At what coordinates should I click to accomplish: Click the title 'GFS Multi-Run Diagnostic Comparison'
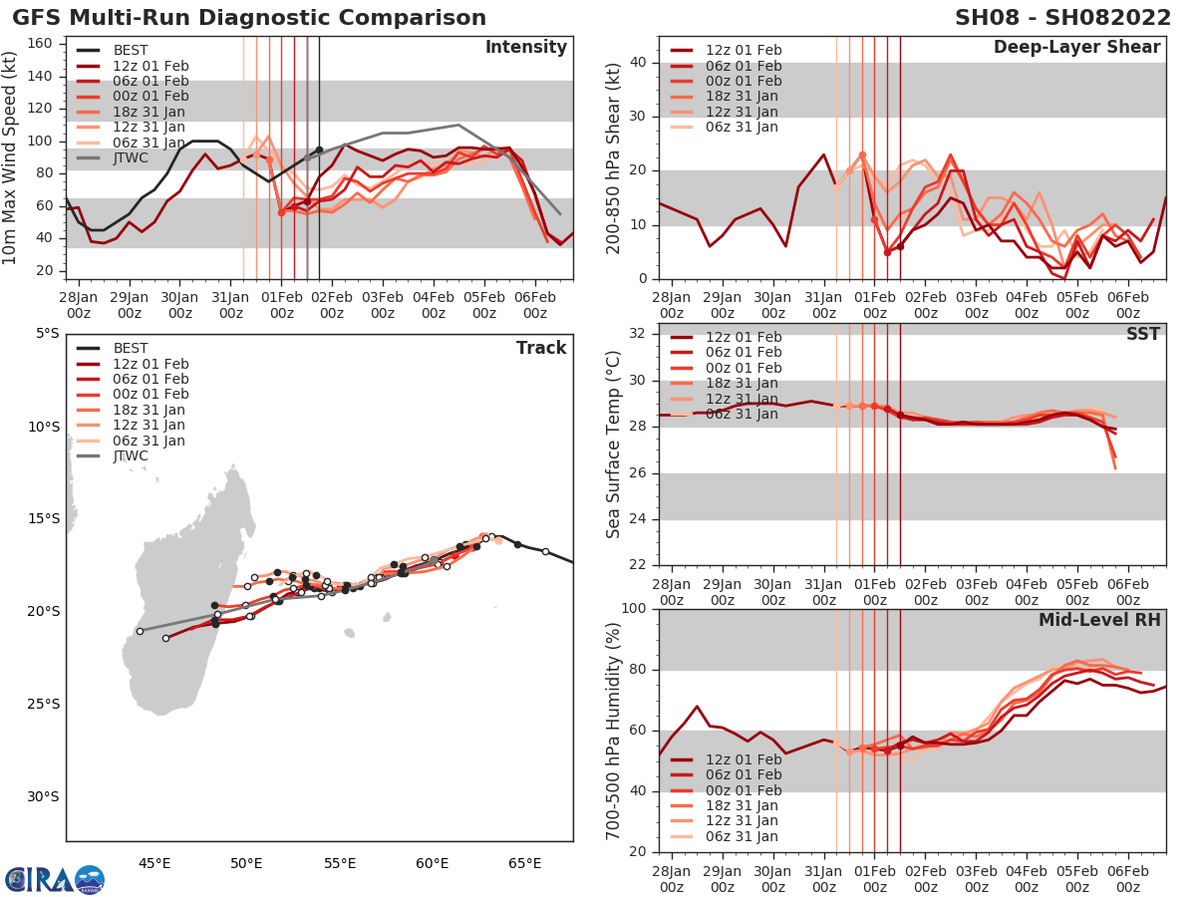249,18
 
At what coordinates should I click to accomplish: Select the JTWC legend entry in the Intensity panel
129,157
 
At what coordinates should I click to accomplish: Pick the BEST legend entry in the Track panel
129,348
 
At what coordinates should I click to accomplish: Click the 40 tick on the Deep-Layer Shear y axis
639,63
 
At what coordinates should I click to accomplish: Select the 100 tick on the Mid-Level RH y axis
634,609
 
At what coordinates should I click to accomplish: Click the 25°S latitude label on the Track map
42,704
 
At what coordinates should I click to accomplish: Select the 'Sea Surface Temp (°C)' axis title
614,445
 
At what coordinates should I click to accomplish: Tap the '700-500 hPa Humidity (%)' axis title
614,731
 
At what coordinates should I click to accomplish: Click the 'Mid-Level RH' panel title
1099,621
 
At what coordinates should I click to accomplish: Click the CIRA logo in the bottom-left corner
54,879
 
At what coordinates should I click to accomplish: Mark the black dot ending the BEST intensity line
319,149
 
